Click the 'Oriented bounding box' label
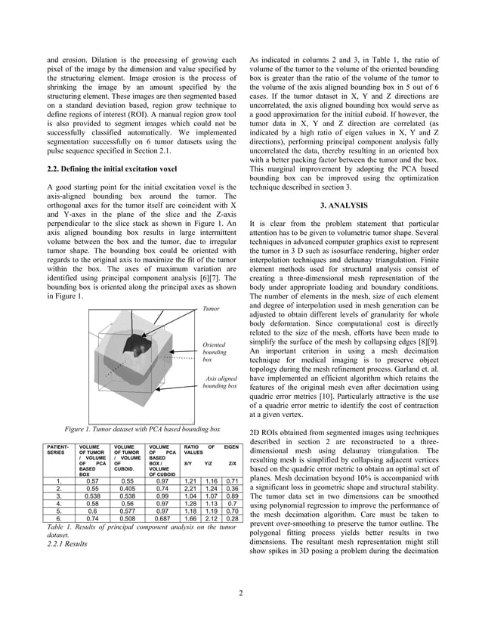pos(215,352)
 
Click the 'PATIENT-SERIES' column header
pos(58,449)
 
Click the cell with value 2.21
pos(190,489)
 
